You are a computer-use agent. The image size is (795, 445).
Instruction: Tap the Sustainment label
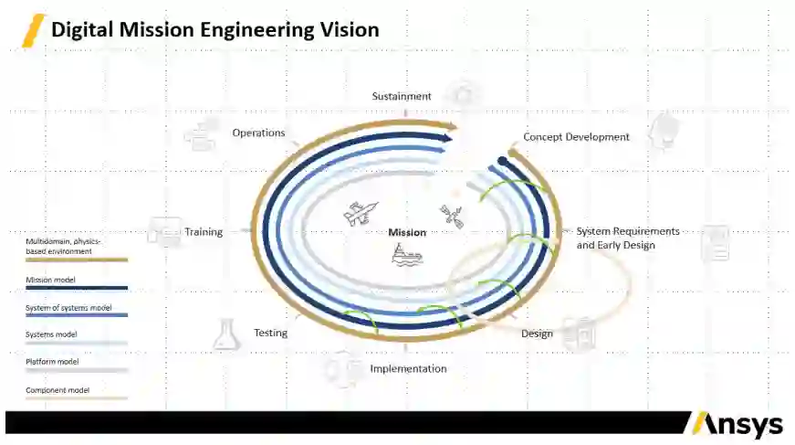click(402, 96)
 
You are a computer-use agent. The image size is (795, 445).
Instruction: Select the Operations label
click(258, 132)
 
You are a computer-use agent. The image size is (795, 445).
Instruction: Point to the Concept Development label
click(576, 137)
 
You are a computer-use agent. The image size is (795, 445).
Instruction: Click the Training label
click(204, 232)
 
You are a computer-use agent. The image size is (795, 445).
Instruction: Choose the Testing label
click(270, 333)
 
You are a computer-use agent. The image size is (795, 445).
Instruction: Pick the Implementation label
click(408, 369)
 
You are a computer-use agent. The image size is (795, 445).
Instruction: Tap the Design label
click(537, 334)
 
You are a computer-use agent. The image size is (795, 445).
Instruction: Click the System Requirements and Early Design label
click(628, 238)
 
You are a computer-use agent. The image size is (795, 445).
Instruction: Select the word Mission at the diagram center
click(407, 232)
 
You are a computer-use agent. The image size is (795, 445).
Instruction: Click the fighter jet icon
click(355, 214)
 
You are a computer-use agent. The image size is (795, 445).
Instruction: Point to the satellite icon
click(452, 215)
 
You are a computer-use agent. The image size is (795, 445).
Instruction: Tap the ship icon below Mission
click(407, 256)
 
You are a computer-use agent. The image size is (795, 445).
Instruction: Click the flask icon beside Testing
click(225, 334)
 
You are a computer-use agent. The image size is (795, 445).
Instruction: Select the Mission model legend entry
click(50, 281)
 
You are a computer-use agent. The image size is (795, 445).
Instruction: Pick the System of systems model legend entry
click(68, 308)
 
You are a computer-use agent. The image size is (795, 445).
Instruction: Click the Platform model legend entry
click(52, 362)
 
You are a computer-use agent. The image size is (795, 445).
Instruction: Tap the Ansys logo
click(737, 425)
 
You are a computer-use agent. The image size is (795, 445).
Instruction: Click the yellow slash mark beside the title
click(34, 30)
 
